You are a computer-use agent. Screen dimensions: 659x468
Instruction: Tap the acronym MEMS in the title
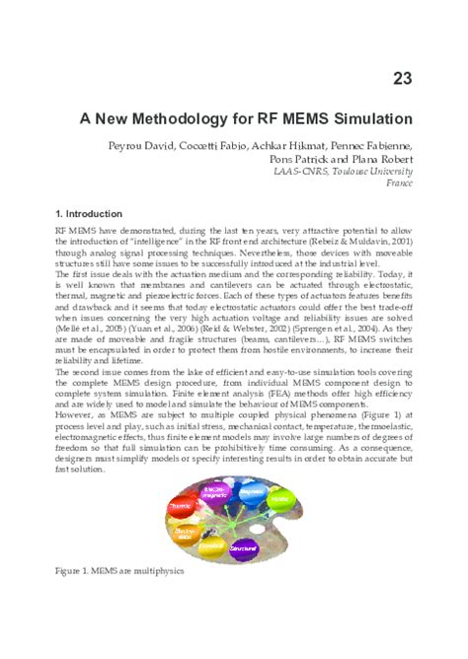311,118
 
